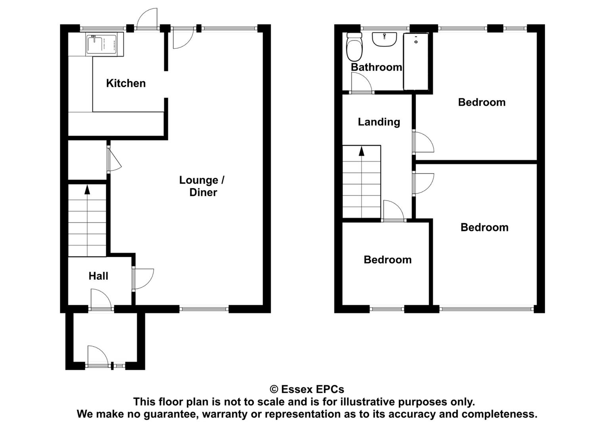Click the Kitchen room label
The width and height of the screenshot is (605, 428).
(x=126, y=83)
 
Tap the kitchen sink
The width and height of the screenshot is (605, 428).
(x=105, y=44)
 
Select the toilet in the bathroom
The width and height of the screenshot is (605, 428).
(x=354, y=47)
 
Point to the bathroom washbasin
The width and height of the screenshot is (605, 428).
(x=384, y=40)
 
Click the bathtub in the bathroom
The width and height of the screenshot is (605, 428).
(x=416, y=61)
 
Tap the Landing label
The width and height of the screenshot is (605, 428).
(x=379, y=122)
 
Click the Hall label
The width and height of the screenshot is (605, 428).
(x=98, y=276)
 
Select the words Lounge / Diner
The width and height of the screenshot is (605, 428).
(x=202, y=186)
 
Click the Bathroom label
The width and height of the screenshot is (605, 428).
(x=376, y=67)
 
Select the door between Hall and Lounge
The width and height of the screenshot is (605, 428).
(x=143, y=279)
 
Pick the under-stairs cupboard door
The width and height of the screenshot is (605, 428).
(x=114, y=160)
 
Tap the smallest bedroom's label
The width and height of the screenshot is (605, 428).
(x=387, y=260)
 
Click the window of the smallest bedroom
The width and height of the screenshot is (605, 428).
(x=387, y=309)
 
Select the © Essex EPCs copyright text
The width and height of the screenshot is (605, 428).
(x=307, y=389)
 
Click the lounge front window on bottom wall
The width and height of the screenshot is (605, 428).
(x=204, y=309)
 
